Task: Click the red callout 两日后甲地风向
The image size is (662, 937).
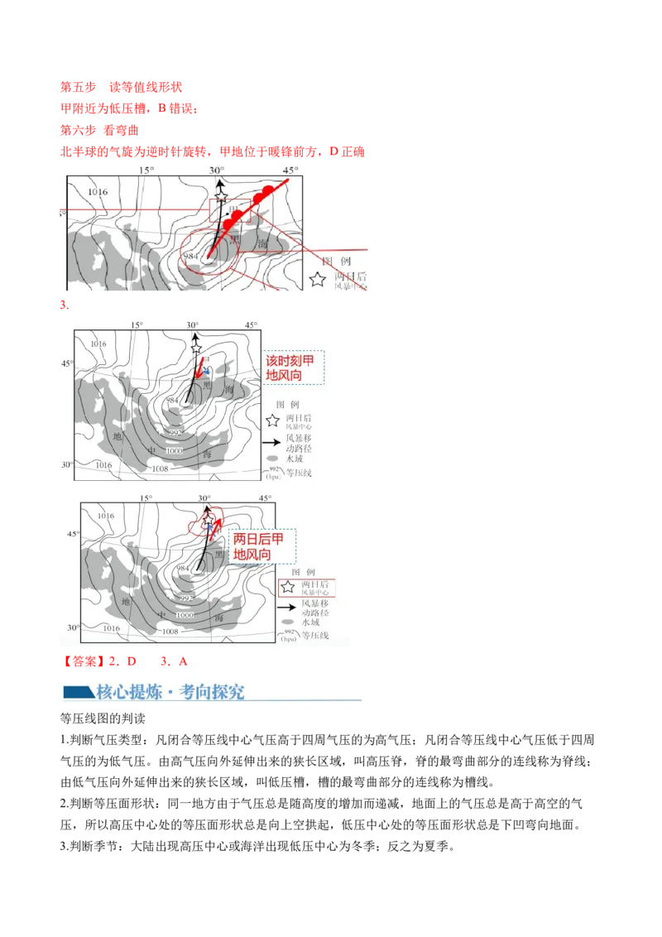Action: point(262,546)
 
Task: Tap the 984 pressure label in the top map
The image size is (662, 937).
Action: point(191,256)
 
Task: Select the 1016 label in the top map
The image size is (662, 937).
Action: point(98,192)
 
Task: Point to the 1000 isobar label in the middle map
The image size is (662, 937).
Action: point(174,450)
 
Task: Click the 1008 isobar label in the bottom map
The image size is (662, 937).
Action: point(170,631)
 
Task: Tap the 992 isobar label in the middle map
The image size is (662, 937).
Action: point(175,433)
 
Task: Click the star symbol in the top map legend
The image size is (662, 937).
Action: point(317,279)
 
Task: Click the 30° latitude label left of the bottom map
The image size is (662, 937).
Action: point(73,627)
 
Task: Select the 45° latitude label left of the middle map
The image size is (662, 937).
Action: point(66,363)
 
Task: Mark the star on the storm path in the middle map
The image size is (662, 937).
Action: point(196,348)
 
